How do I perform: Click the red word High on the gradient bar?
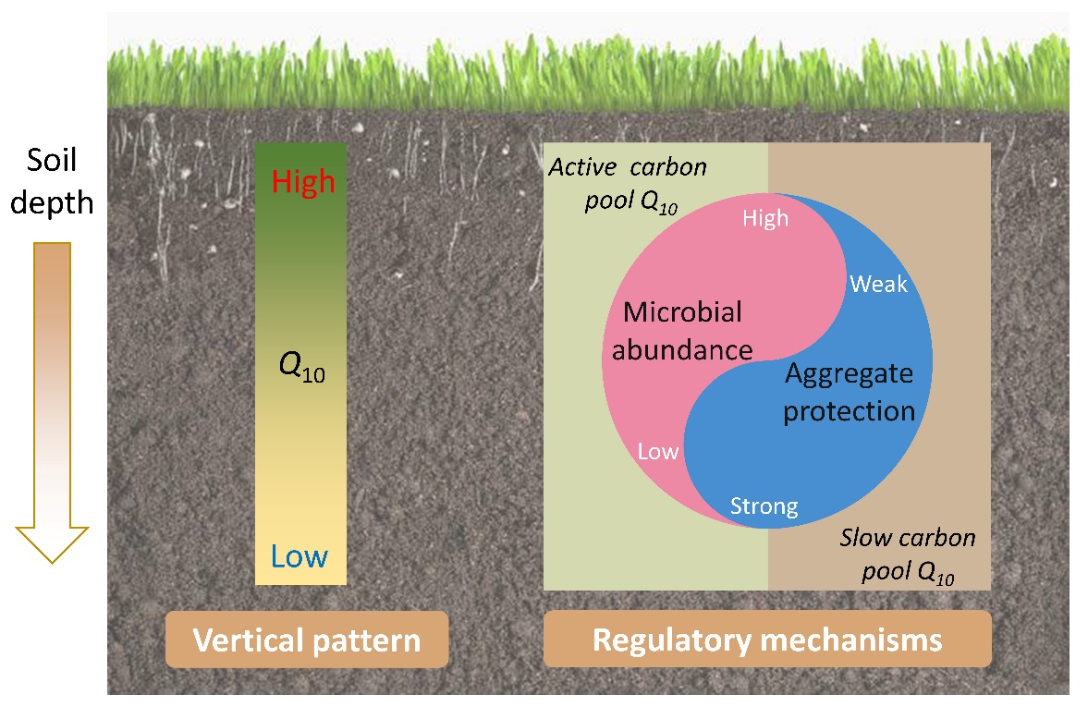(302, 182)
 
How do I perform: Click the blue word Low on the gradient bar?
(300, 556)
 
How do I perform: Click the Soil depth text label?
(52, 182)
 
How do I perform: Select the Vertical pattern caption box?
(306, 640)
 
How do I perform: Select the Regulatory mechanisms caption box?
(767, 640)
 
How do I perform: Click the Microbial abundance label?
(682, 331)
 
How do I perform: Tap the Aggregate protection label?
(849, 392)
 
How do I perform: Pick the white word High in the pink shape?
(765, 218)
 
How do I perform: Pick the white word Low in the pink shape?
(658, 452)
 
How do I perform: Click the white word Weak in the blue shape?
(878, 284)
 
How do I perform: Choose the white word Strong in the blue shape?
(764, 506)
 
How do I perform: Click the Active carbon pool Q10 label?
(630, 186)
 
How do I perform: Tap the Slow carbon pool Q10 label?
(907, 555)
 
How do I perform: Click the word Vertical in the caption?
(243, 640)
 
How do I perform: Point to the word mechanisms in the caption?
(848, 640)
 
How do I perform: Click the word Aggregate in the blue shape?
(849, 373)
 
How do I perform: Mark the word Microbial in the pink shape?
(682, 312)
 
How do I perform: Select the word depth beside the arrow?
(52, 201)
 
